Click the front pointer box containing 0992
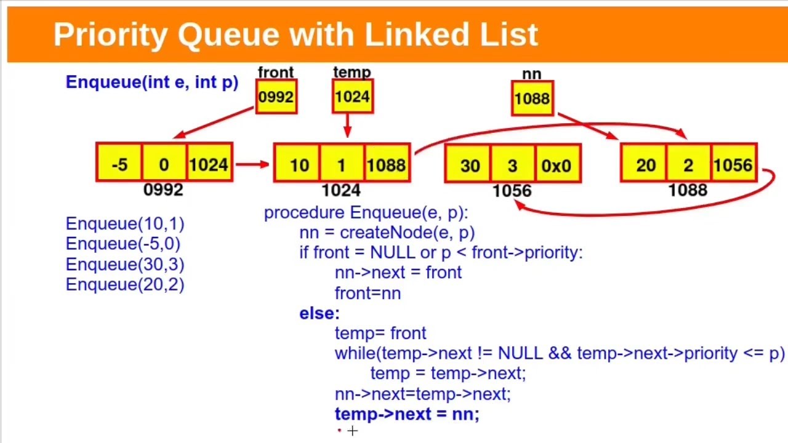pos(276,97)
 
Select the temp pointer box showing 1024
pos(352,97)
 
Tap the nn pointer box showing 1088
pos(532,98)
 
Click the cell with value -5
pos(119,164)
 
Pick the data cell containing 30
pos(469,165)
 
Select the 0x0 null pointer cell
pos(557,165)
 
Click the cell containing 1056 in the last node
pos(733,165)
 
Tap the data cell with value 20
pos(645,165)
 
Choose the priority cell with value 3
pos(512,165)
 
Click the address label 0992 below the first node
pos(163,190)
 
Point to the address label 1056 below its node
pos(512,191)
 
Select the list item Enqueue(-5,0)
pos(123,244)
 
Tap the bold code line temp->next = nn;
pos(407,414)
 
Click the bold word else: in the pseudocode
pos(319,313)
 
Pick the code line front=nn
pos(368,293)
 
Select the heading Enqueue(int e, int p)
pos(151,82)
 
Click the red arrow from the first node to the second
pos(252,164)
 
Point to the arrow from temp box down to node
pos(348,127)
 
